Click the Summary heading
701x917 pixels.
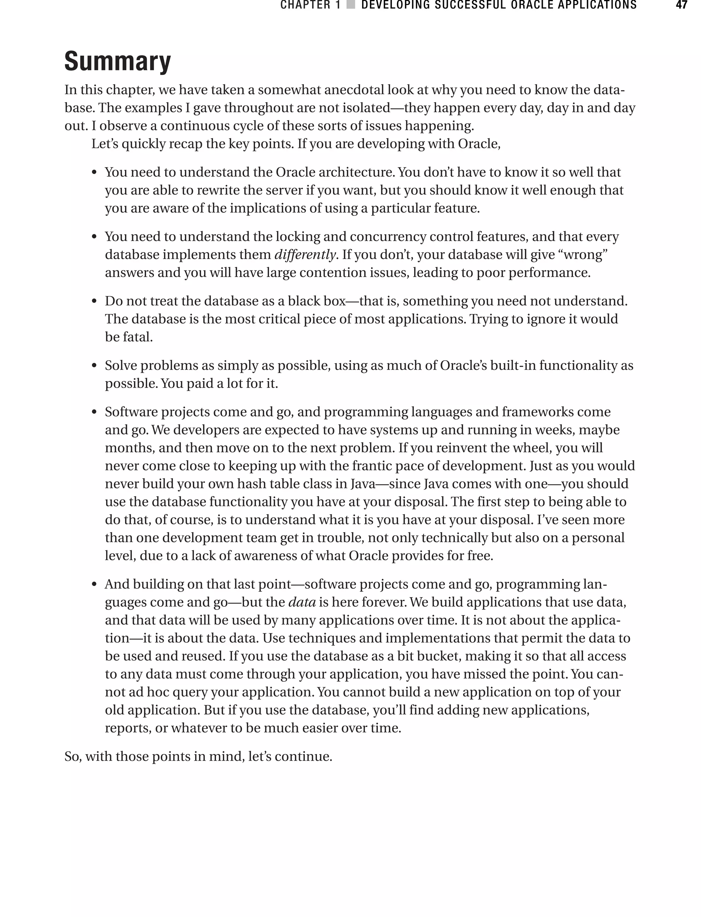[x=118, y=61]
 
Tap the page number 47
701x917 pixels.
[x=681, y=5]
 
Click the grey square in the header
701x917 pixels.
[x=351, y=5]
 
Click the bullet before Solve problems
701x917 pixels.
[x=94, y=366]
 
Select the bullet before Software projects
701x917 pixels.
[x=94, y=412]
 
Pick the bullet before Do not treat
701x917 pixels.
[x=94, y=301]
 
